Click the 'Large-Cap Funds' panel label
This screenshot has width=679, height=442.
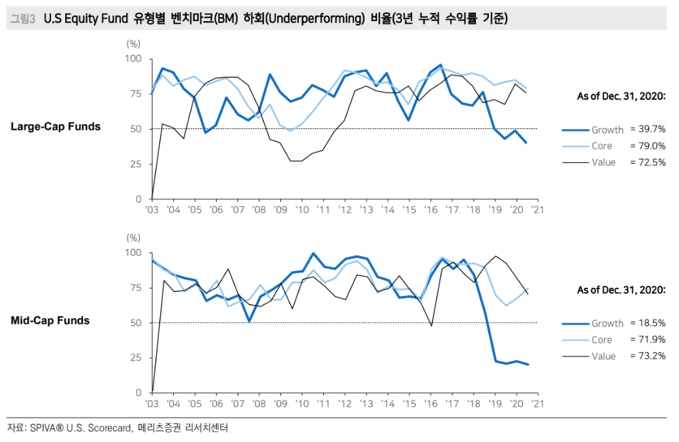pyautogui.click(x=56, y=126)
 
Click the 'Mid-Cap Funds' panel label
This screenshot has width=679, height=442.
pyautogui.click(x=50, y=320)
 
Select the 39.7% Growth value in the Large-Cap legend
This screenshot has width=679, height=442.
pyautogui.click(x=648, y=129)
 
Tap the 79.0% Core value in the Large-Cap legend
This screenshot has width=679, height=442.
pyautogui.click(x=648, y=145)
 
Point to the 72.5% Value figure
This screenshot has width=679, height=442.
pyautogui.click(x=648, y=162)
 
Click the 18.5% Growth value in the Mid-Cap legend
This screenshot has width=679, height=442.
pyautogui.click(x=648, y=323)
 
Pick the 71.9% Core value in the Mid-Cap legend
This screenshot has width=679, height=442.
pyautogui.click(x=648, y=339)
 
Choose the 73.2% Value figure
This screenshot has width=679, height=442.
pyautogui.click(x=648, y=356)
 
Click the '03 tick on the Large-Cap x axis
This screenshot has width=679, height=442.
pyautogui.click(x=152, y=210)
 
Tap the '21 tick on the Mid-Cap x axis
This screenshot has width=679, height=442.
pyautogui.click(x=536, y=403)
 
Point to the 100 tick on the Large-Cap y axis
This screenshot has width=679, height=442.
pyautogui.click(x=134, y=59)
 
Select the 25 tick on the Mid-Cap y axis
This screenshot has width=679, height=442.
pyautogui.click(x=136, y=357)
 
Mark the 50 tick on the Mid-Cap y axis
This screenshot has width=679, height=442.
pyautogui.click(x=136, y=323)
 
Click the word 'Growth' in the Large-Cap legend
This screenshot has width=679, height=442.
pyautogui.click(x=607, y=130)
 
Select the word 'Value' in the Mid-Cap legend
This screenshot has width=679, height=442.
pyautogui.click(x=604, y=356)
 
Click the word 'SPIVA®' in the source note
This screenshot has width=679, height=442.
pyautogui.click(x=49, y=428)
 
